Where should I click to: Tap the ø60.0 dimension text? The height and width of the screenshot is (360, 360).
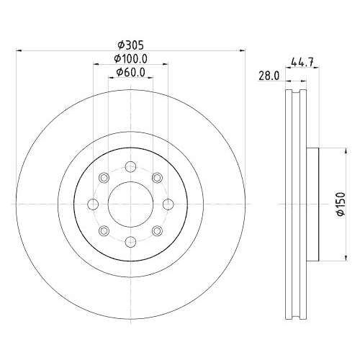[x=131, y=72]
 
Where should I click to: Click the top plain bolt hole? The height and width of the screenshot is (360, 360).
[x=130, y=168]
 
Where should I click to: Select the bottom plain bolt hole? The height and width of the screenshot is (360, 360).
[x=130, y=241]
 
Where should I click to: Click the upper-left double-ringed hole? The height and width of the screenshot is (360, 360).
[x=104, y=178]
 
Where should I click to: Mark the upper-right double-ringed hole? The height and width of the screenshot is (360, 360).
[x=156, y=178]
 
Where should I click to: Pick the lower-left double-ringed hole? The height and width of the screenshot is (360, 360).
[x=104, y=230]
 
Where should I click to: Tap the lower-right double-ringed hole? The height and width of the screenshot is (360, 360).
[x=156, y=230]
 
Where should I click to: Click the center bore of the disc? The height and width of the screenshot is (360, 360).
[x=130, y=204]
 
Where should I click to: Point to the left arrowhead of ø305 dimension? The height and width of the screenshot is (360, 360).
[x=19, y=50]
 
